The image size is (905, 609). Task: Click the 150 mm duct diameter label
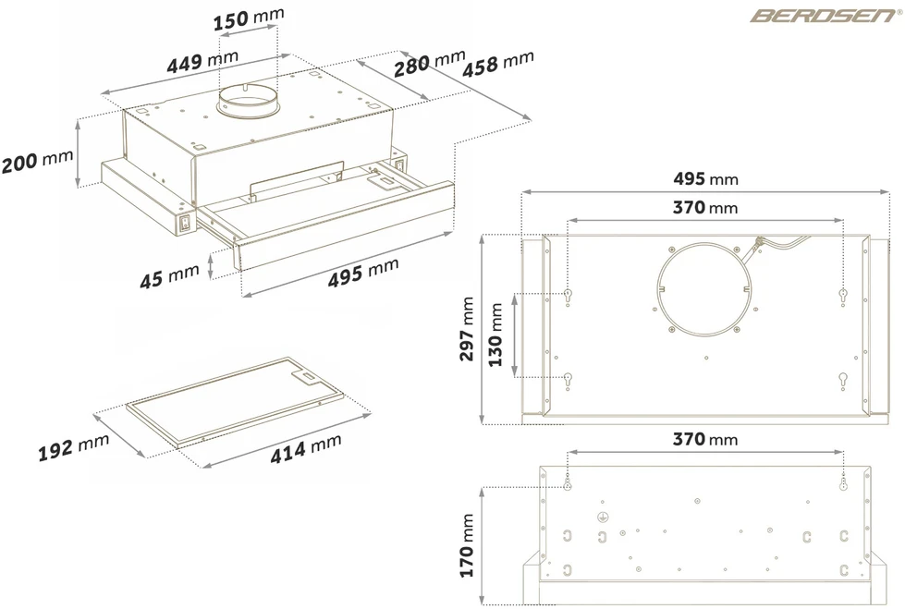click(x=248, y=18)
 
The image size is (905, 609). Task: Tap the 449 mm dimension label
click(x=202, y=61)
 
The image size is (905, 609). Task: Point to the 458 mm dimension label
click(x=497, y=64)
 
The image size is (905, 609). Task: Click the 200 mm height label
click(x=38, y=161)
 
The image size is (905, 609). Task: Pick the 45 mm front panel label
click(x=169, y=276)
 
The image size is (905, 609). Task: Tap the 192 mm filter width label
click(x=73, y=447)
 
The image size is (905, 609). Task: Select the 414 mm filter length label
click(x=306, y=448)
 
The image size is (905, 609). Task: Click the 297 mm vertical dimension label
click(x=467, y=329)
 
